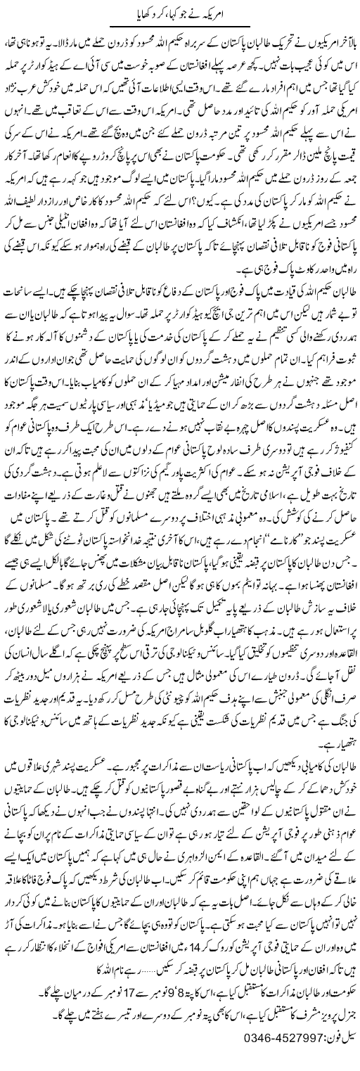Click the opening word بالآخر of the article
[x=342, y=38]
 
